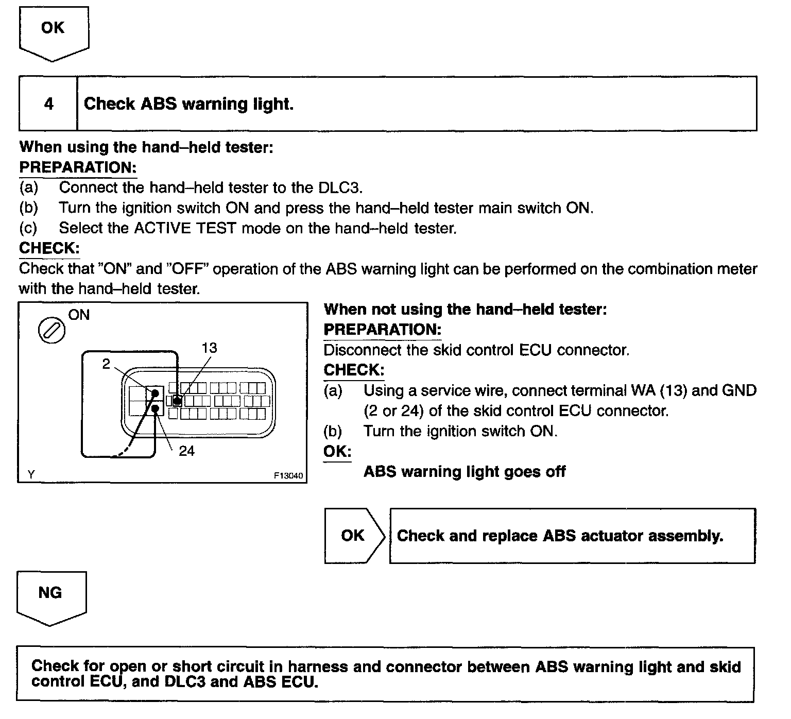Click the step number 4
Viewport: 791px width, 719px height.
[x=48, y=104]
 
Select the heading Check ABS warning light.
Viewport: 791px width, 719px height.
[x=188, y=104]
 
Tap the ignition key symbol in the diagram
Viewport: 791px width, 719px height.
[x=52, y=330]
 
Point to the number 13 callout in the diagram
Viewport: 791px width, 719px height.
[x=209, y=348]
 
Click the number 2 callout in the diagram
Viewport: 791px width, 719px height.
[x=106, y=364]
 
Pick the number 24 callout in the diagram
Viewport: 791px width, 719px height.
[x=186, y=451]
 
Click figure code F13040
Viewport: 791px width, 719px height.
[x=288, y=476]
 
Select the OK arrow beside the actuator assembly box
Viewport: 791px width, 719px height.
[x=353, y=536]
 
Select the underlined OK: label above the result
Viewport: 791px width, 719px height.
[x=337, y=452]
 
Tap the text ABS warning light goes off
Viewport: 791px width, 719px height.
[x=465, y=472]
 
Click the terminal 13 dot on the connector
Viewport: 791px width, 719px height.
[x=177, y=400]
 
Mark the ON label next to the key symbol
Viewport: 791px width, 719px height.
[x=79, y=315]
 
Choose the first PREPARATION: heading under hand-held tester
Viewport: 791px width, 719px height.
[x=78, y=167]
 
